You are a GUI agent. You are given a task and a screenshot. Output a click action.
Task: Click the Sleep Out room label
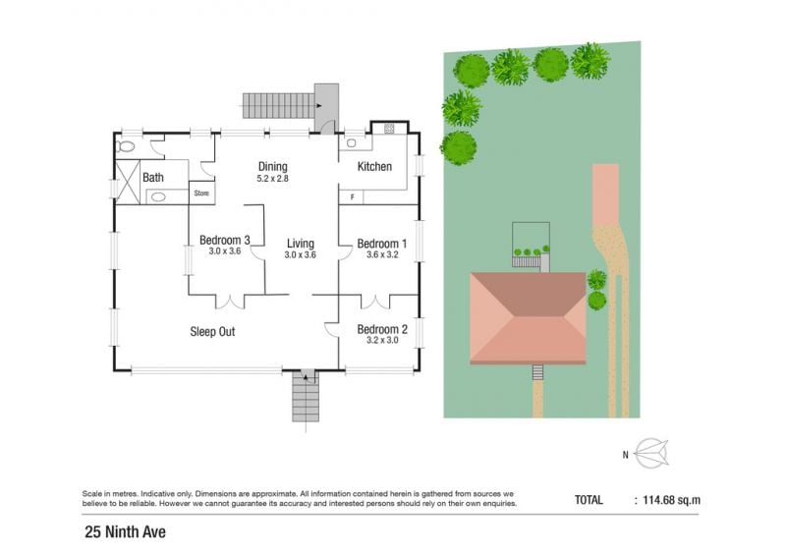click(212, 332)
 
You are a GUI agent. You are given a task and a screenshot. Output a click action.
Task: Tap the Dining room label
click(273, 166)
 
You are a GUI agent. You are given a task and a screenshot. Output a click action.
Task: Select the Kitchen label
click(374, 166)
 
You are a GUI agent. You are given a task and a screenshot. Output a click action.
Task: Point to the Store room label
click(201, 193)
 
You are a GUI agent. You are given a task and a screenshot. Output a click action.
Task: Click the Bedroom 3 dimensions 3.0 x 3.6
click(225, 251)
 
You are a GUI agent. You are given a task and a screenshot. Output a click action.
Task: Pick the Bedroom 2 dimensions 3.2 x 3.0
click(382, 341)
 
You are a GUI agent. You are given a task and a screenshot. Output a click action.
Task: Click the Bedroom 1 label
click(382, 245)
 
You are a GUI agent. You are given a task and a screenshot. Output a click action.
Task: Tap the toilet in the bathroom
click(126, 147)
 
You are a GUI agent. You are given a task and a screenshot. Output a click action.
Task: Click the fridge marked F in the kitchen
click(352, 197)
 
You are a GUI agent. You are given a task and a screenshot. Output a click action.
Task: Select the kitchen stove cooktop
click(389, 129)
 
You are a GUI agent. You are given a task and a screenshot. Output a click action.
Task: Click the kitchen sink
click(352, 143)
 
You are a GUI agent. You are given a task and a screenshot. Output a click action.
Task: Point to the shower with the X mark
click(128, 182)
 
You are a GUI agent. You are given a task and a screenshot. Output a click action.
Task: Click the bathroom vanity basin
click(158, 197)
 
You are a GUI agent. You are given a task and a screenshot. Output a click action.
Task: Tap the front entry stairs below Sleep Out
click(306, 396)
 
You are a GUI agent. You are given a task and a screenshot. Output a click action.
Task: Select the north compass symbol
click(651, 453)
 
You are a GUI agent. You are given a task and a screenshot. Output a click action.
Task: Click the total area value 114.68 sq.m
click(672, 500)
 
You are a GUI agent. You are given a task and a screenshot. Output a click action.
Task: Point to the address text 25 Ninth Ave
click(126, 532)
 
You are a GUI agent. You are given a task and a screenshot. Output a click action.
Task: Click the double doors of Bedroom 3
click(230, 302)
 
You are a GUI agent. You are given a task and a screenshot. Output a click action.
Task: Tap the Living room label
click(301, 244)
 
